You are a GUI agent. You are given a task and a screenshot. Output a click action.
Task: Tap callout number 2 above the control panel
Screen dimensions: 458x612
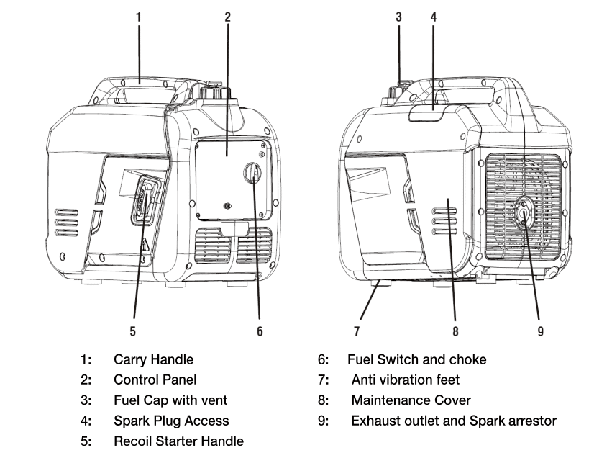click(x=227, y=15)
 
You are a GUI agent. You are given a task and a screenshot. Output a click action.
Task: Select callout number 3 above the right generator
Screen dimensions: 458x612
click(x=398, y=15)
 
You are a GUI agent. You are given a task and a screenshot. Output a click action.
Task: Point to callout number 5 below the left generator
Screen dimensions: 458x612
click(x=133, y=331)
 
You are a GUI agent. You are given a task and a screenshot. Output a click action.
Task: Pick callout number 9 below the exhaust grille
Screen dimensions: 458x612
click(x=540, y=331)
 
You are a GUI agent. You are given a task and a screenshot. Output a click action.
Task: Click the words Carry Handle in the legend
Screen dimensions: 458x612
click(x=153, y=359)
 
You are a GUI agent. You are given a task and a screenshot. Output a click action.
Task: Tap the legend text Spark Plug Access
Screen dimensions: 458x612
click(x=171, y=421)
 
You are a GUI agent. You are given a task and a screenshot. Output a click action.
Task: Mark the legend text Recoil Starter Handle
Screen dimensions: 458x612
click(x=178, y=441)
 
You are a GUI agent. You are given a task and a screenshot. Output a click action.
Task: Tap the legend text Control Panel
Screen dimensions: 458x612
click(x=155, y=380)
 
